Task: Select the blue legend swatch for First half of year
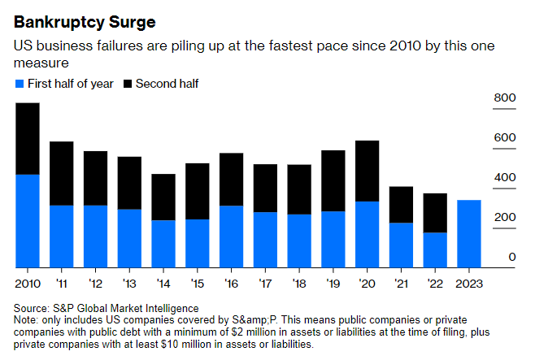(20, 84)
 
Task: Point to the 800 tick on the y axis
(506, 98)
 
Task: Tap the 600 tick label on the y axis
(506, 138)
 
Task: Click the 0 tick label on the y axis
(512, 258)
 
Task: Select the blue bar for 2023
(469, 233)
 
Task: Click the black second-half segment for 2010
(28, 138)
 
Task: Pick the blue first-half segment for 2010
(28, 220)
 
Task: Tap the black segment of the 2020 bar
(367, 171)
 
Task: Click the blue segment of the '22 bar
(435, 249)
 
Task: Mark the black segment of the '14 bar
(163, 197)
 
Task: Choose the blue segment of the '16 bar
(232, 236)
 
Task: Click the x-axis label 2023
(469, 283)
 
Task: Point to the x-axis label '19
(333, 283)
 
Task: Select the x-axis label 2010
(28, 283)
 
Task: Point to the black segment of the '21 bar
(401, 204)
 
